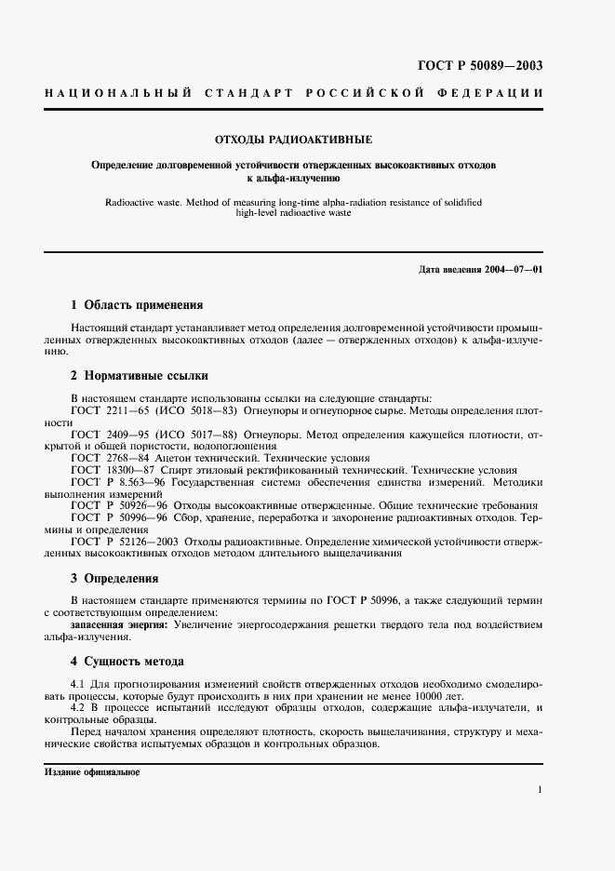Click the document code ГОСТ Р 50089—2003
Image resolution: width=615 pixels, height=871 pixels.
coord(477,65)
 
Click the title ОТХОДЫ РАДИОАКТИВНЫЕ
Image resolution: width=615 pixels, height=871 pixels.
coord(293,140)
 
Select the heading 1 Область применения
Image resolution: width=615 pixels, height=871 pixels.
coord(137,304)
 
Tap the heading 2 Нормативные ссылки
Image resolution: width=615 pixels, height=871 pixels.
coord(140,376)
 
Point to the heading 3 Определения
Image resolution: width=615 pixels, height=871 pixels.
coord(114,578)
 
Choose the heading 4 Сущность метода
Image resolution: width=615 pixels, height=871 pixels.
coord(127,662)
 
